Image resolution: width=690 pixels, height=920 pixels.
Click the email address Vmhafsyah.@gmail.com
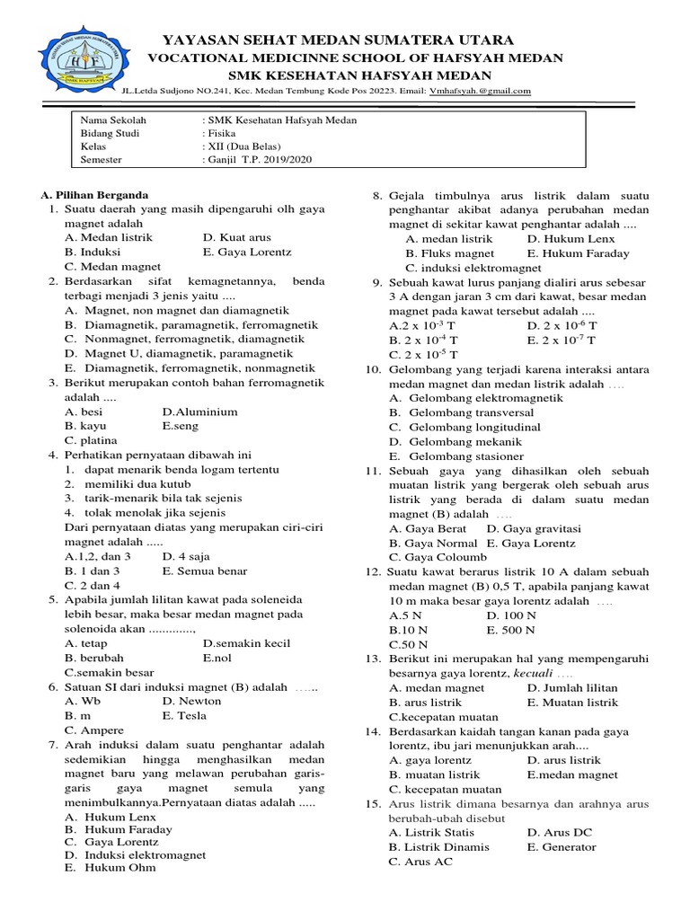[x=480, y=91]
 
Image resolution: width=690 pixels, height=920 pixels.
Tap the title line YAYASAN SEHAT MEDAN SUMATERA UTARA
[x=337, y=40]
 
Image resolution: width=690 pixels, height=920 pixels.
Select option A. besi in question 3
[x=84, y=411]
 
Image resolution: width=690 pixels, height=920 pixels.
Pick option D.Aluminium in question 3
[x=199, y=411]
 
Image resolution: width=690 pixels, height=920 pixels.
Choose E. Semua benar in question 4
[x=205, y=571]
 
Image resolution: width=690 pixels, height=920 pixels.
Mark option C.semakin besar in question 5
[x=109, y=671]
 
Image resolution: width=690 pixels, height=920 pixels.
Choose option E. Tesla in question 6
[x=184, y=715]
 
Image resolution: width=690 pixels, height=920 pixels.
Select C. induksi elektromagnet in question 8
[x=473, y=268]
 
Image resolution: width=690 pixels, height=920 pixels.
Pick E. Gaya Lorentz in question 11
[x=531, y=544]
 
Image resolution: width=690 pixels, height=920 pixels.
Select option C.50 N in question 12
[x=408, y=645]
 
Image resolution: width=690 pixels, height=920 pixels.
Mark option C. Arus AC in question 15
[x=420, y=862]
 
